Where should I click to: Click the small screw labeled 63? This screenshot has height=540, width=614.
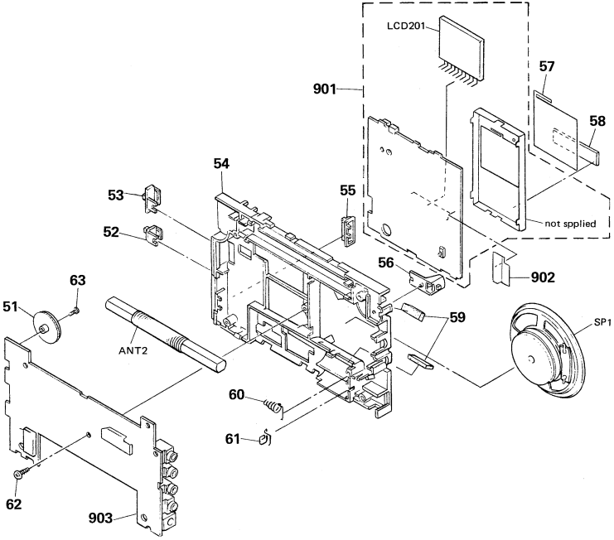[x=73, y=311]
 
